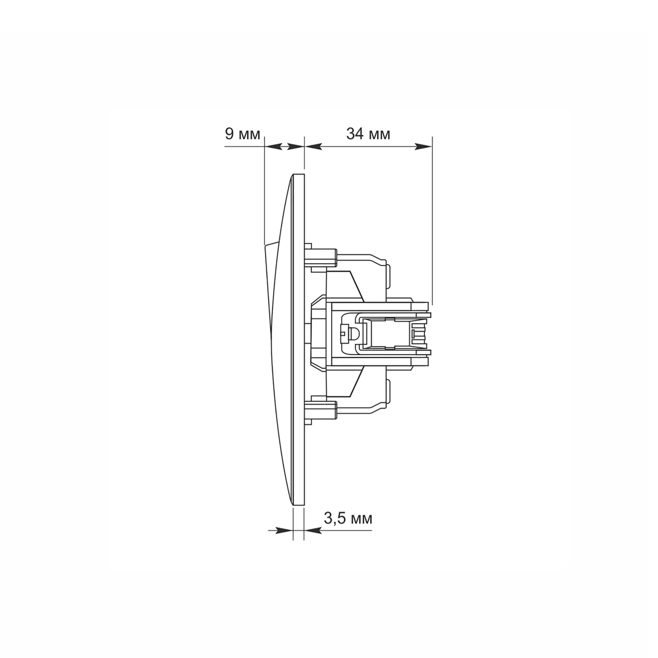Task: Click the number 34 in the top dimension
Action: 355,134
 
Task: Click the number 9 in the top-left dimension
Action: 229,134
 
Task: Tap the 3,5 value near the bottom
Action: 333,518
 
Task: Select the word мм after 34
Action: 379,136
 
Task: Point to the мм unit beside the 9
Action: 249,136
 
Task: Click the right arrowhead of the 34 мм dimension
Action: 423,147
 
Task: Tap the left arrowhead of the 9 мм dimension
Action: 274,147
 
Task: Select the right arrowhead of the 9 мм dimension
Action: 296,147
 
